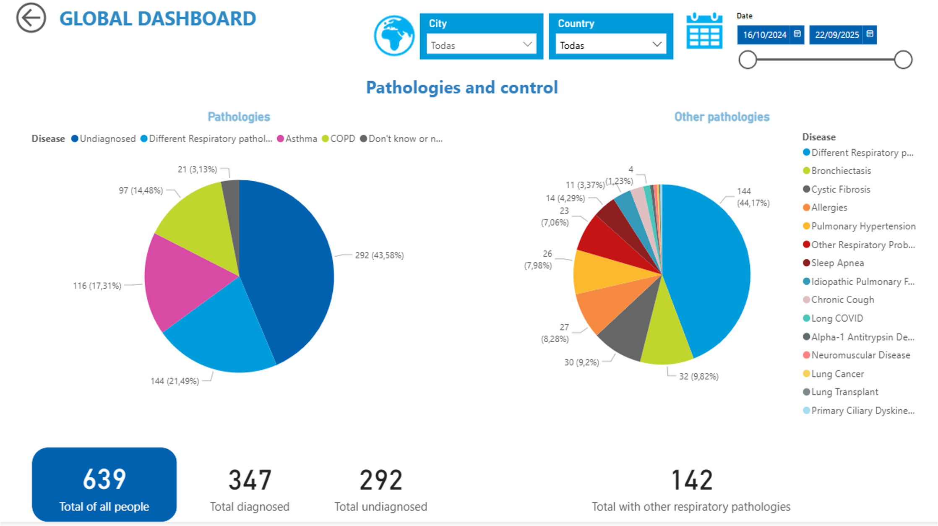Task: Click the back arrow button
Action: (x=31, y=18)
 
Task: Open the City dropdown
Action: (x=481, y=45)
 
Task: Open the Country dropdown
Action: (x=610, y=45)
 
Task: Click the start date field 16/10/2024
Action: (x=764, y=35)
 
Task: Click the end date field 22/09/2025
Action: (x=837, y=35)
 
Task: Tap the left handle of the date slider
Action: (x=748, y=60)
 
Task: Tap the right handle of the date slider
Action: (x=903, y=60)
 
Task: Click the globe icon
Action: (x=394, y=36)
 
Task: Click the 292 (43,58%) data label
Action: (x=379, y=255)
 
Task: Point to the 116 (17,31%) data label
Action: (x=97, y=286)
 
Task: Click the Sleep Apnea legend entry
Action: (x=837, y=263)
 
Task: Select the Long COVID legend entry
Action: (x=837, y=318)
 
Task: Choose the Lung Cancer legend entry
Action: (x=837, y=374)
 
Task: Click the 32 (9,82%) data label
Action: (x=698, y=376)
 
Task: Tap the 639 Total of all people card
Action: (x=104, y=484)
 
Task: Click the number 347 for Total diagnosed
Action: (x=250, y=480)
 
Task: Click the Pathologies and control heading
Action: (x=462, y=88)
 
